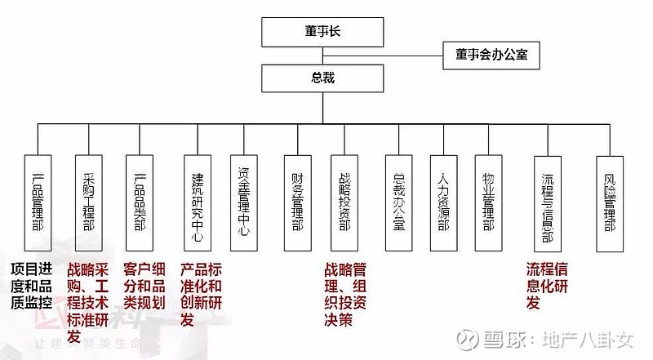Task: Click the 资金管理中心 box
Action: [243, 201]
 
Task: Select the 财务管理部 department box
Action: [298, 201]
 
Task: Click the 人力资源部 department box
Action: [443, 201]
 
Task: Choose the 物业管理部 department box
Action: [489, 201]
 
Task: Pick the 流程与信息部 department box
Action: [549, 201]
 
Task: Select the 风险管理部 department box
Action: [611, 201]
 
